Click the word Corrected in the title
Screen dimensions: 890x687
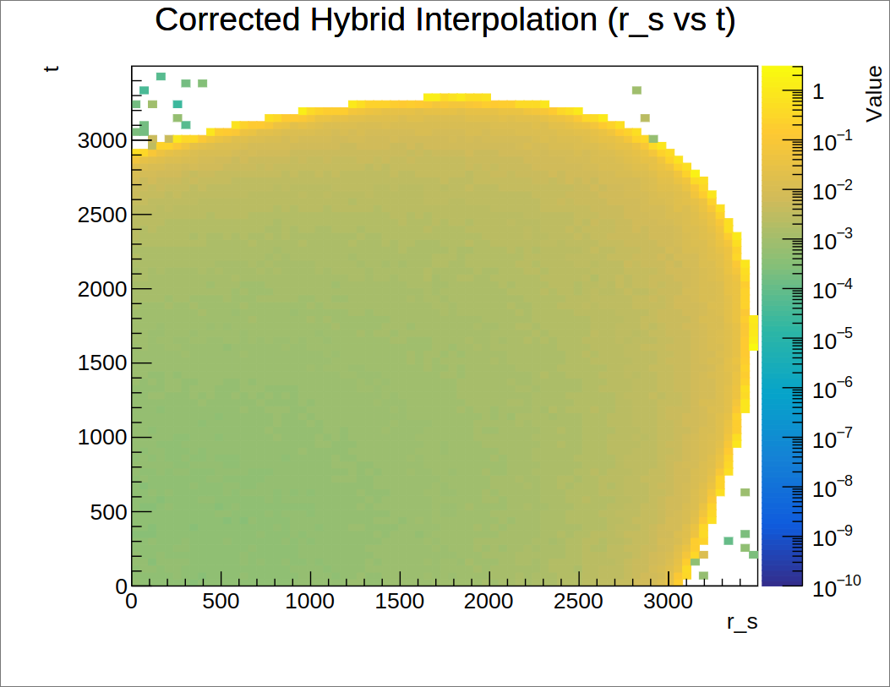(227, 19)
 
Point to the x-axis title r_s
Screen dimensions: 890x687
(742, 622)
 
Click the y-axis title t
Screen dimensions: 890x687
(51, 68)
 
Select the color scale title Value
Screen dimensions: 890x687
(874, 94)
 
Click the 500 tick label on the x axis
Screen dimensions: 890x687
(221, 602)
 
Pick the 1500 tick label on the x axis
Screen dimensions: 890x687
(400, 602)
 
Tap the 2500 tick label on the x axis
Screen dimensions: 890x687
(578, 602)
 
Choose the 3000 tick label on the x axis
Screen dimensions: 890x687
(668, 602)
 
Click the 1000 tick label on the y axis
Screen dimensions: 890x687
(102, 438)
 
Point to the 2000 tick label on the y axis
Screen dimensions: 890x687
(102, 289)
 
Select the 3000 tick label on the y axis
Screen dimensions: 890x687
(102, 140)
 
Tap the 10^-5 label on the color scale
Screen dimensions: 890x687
(833, 339)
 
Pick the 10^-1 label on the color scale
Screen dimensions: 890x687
(833, 140)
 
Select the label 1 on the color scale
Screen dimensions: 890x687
(818, 91)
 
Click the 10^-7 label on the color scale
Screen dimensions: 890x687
(833, 438)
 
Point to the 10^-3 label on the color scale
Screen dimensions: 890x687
(833, 240)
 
